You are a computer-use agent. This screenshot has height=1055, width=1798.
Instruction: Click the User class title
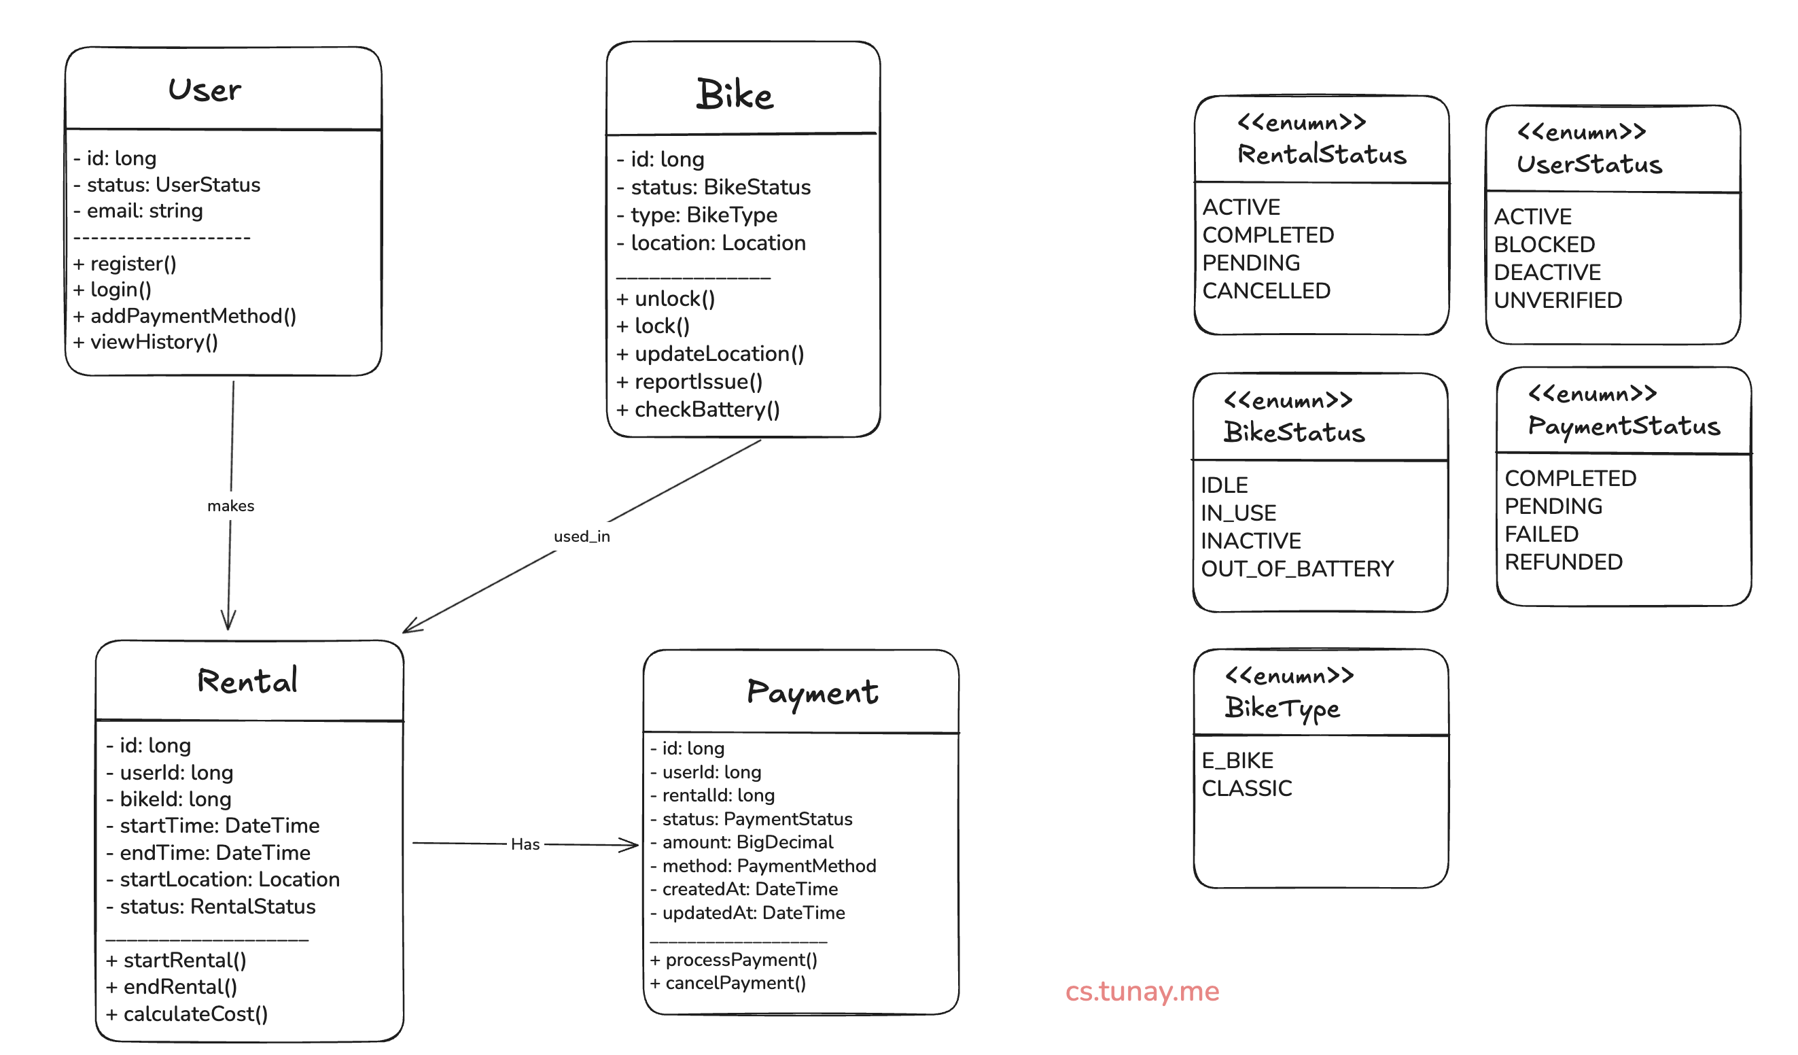pyautogui.click(x=205, y=90)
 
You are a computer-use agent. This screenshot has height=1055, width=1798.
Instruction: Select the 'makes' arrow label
pyautogui.click(x=230, y=506)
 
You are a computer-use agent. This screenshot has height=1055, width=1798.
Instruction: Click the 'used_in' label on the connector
pyautogui.click(x=582, y=537)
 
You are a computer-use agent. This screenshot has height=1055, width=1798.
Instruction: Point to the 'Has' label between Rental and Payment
pyautogui.click(x=525, y=844)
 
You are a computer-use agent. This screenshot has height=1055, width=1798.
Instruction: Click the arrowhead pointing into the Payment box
pyautogui.click(x=631, y=846)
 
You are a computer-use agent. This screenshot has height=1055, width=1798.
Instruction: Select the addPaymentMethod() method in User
pyautogui.click(x=185, y=316)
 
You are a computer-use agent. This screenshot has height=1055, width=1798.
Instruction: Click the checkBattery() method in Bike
pyautogui.click(x=698, y=410)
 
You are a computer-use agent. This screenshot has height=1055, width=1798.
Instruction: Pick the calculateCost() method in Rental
pyautogui.click(x=187, y=1014)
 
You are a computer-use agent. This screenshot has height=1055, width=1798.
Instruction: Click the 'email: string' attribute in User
pyautogui.click(x=139, y=211)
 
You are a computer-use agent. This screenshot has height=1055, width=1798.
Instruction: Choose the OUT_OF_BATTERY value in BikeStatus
pyautogui.click(x=1297, y=569)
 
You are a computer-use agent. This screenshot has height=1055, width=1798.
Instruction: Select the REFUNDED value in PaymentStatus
pyautogui.click(x=1564, y=562)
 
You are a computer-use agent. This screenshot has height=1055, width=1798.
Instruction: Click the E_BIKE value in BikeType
pyautogui.click(x=1237, y=761)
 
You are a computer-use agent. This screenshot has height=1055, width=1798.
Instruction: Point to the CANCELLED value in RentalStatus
pyautogui.click(x=1267, y=291)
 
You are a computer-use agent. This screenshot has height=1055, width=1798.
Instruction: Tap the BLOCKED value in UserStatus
pyautogui.click(x=1544, y=245)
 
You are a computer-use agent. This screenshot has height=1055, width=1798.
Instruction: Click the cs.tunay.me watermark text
pyautogui.click(x=1142, y=992)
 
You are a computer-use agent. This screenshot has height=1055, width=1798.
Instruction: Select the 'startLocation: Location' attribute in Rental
pyautogui.click(x=223, y=880)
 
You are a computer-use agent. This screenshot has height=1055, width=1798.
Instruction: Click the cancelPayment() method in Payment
pyautogui.click(x=728, y=984)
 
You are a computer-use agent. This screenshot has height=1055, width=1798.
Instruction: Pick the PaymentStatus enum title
pyautogui.click(x=1623, y=426)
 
